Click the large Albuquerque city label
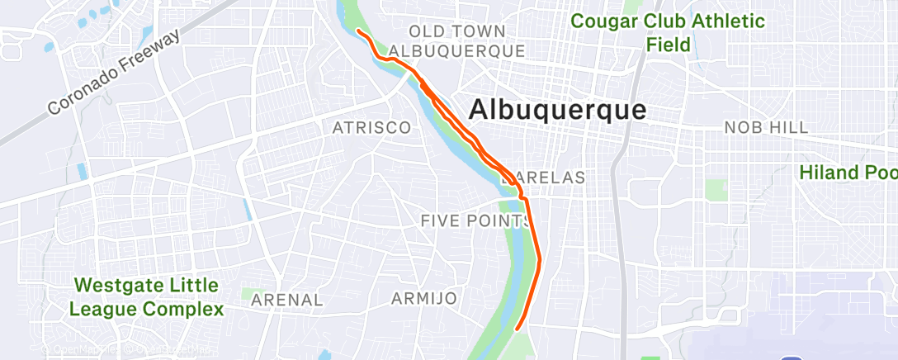coord(558,110)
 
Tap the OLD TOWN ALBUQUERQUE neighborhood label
coord(456,41)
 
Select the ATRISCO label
coord(371,128)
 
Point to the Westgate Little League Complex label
coord(147,298)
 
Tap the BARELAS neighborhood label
coord(544,178)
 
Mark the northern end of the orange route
coord(358,31)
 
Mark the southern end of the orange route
coord(518,329)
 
